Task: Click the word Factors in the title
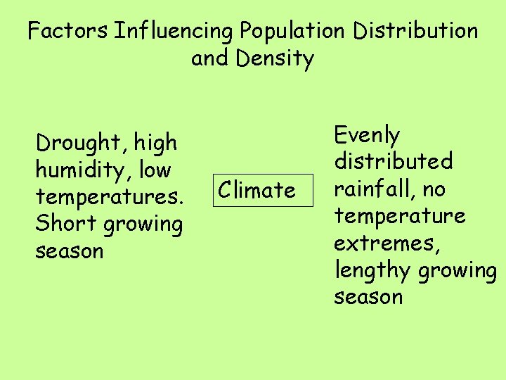click(x=68, y=31)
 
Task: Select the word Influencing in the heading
click(x=174, y=31)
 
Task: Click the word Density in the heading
click(x=275, y=59)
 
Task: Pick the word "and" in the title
click(x=209, y=59)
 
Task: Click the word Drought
click(x=77, y=143)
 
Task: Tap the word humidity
click(x=80, y=170)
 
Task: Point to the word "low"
click(x=155, y=170)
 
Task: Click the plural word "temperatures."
click(x=109, y=198)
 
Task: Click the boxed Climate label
click(x=257, y=190)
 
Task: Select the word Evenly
click(x=368, y=135)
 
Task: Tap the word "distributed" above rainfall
click(x=394, y=162)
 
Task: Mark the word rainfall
click(x=375, y=189)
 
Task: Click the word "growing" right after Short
click(x=143, y=225)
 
